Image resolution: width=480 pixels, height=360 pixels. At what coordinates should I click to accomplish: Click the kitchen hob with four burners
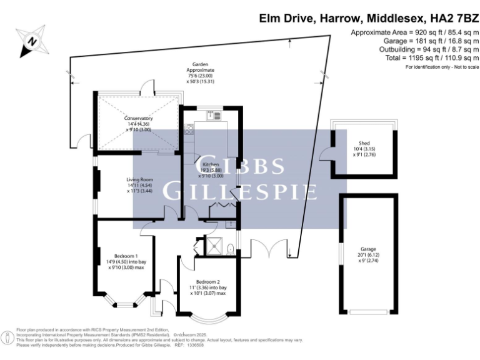pyautogui.click(x=187, y=130)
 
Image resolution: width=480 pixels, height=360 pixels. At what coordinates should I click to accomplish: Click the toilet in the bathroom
pyautogui.click(x=231, y=249)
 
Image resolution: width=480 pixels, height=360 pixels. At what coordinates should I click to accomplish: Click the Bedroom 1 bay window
pyautogui.click(x=125, y=302)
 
